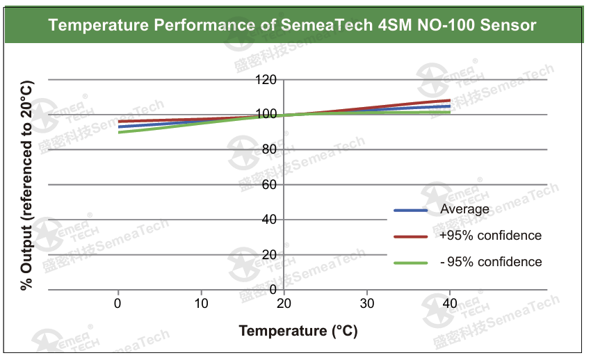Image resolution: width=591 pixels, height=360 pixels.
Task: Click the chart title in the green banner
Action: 292,26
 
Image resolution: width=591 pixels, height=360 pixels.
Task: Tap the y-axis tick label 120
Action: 266,80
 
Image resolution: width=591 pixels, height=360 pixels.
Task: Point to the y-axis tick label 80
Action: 269,149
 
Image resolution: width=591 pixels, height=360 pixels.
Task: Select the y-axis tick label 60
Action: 269,185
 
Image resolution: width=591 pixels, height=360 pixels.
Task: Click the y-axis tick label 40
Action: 269,220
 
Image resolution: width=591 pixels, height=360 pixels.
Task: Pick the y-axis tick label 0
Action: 273,289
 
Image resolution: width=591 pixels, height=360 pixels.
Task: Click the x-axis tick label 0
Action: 118,304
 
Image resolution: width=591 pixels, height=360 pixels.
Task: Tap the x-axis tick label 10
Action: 201,304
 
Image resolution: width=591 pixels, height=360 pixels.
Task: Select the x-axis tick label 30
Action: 367,304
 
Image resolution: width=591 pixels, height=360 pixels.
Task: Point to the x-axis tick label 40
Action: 450,304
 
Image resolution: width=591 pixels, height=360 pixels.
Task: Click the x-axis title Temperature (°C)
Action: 298,331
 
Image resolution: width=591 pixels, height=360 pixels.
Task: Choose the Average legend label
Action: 464,209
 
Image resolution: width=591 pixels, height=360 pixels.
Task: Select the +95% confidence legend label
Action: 490,236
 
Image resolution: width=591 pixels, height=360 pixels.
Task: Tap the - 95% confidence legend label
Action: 490,262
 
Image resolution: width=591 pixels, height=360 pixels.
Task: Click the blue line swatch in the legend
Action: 410,210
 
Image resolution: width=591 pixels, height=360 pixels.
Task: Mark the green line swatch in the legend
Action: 410,263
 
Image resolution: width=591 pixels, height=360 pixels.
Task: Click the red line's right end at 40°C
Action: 450,100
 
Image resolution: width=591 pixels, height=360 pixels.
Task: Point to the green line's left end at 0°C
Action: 119,132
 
